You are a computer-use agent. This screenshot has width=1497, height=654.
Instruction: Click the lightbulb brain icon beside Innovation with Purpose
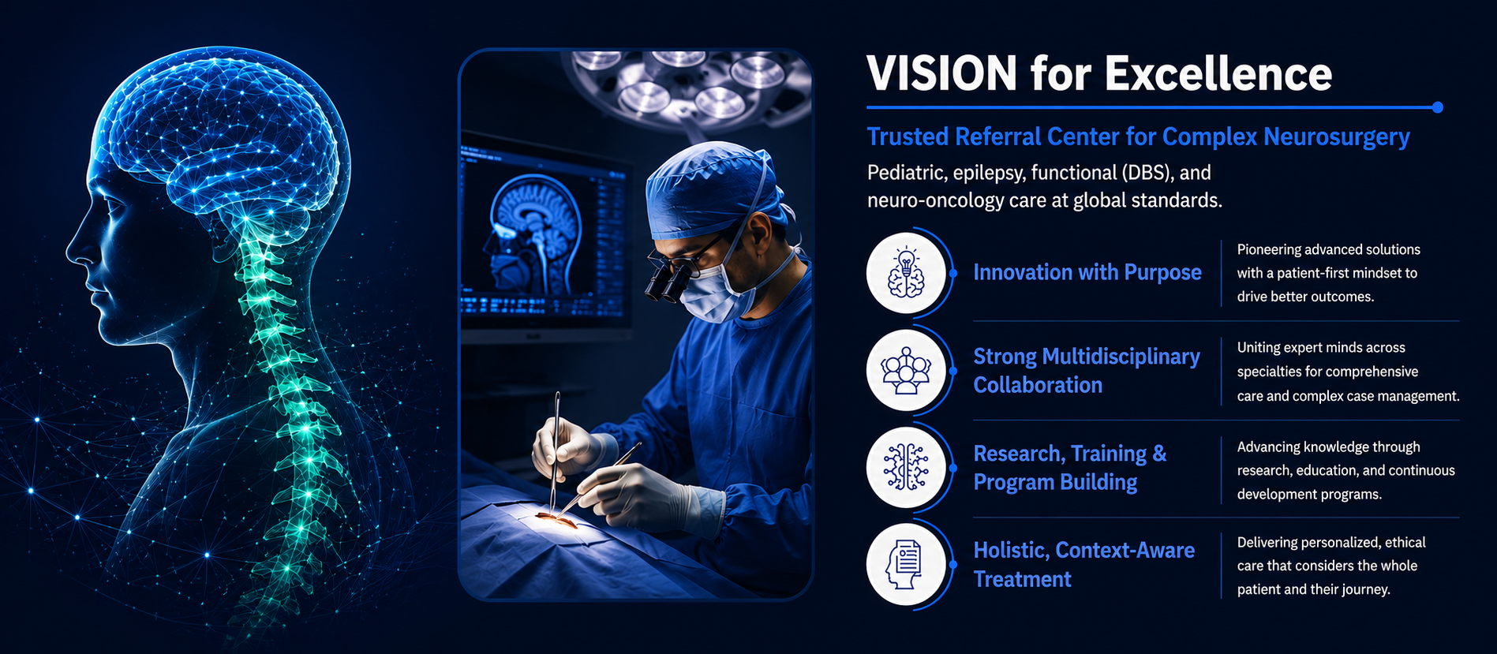(x=906, y=273)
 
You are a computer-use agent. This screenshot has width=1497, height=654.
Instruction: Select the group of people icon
(x=906, y=371)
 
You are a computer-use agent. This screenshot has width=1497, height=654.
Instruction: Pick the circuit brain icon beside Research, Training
(x=906, y=468)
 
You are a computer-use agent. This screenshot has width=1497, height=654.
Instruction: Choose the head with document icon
(x=906, y=565)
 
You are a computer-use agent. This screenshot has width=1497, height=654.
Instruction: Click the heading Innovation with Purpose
(x=1087, y=273)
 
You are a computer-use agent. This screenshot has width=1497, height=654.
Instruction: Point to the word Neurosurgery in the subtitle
(x=1337, y=137)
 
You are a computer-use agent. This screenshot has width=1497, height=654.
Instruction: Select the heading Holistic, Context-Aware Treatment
(x=1084, y=565)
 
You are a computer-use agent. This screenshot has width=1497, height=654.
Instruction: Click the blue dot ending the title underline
(x=1437, y=107)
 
